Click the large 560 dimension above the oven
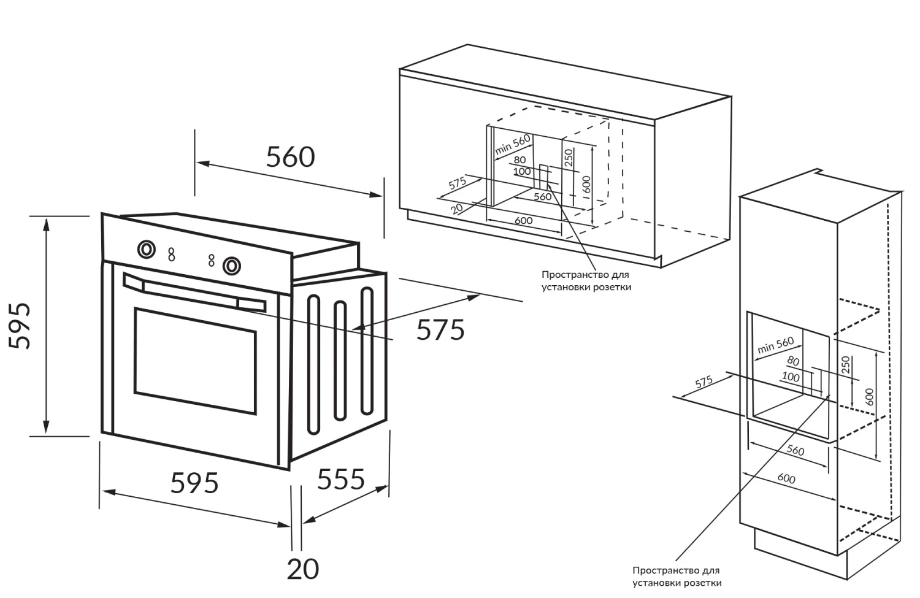coord(290,157)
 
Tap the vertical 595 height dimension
coord(20,326)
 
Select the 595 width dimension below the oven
coord(194,483)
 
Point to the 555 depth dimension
coord(341,479)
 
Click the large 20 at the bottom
coord(303,569)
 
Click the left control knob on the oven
coord(146,249)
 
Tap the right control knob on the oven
coord(232,266)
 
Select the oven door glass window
coord(195,361)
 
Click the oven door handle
coord(194,292)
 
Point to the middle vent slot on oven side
coord(340,361)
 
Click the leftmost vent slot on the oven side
coord(313,365)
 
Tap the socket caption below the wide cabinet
coord(586,281)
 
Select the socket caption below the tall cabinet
coord(677,577)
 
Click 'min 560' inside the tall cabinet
coord(775,345)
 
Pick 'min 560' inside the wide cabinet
coord(513,145)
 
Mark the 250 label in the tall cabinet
coord(845,364)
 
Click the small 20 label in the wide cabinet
coord(457,209)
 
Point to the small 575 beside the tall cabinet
coord(704,382)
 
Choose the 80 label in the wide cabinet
coord(519,159)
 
